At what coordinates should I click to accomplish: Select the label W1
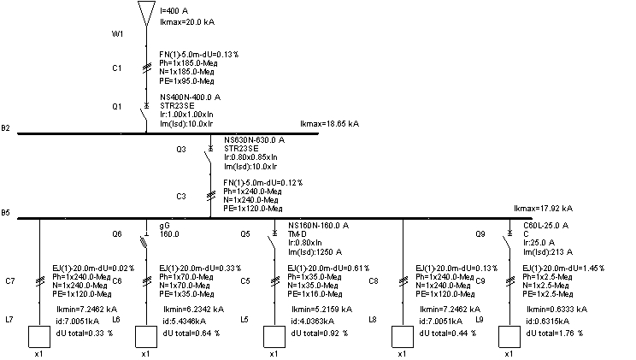coord(119,34)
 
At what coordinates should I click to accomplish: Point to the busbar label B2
coord(6,128)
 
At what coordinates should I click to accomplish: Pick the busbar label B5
coord(6,212)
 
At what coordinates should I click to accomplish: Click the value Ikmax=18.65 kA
coord(330,125)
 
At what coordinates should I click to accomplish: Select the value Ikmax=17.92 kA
coord(543,209)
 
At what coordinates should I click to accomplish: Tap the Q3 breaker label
coord(181,149)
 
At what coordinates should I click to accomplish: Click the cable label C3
coord(181,196)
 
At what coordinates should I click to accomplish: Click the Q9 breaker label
coord(482,233)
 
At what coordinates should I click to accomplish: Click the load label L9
coord(480,319)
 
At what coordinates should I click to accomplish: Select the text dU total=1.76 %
coord(557,333)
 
